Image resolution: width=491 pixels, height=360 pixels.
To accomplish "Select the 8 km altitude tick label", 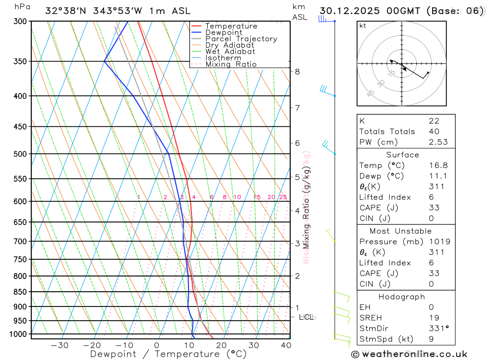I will [297, 71].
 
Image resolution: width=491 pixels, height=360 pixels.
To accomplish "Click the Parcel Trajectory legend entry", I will [241, 39].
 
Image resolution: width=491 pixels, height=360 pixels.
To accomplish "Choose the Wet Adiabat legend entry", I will [230, 52].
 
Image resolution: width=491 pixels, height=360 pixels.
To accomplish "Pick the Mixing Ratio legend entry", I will [231, 64].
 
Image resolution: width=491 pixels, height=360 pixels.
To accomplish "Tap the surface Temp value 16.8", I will [437, 166].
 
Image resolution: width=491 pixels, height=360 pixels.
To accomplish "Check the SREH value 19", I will [434, 318].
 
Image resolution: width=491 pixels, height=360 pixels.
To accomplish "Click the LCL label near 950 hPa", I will [307, 317].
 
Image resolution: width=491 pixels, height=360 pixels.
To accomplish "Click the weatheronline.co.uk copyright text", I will [409, 354].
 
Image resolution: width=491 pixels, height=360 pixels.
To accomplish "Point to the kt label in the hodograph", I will [363, 26].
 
